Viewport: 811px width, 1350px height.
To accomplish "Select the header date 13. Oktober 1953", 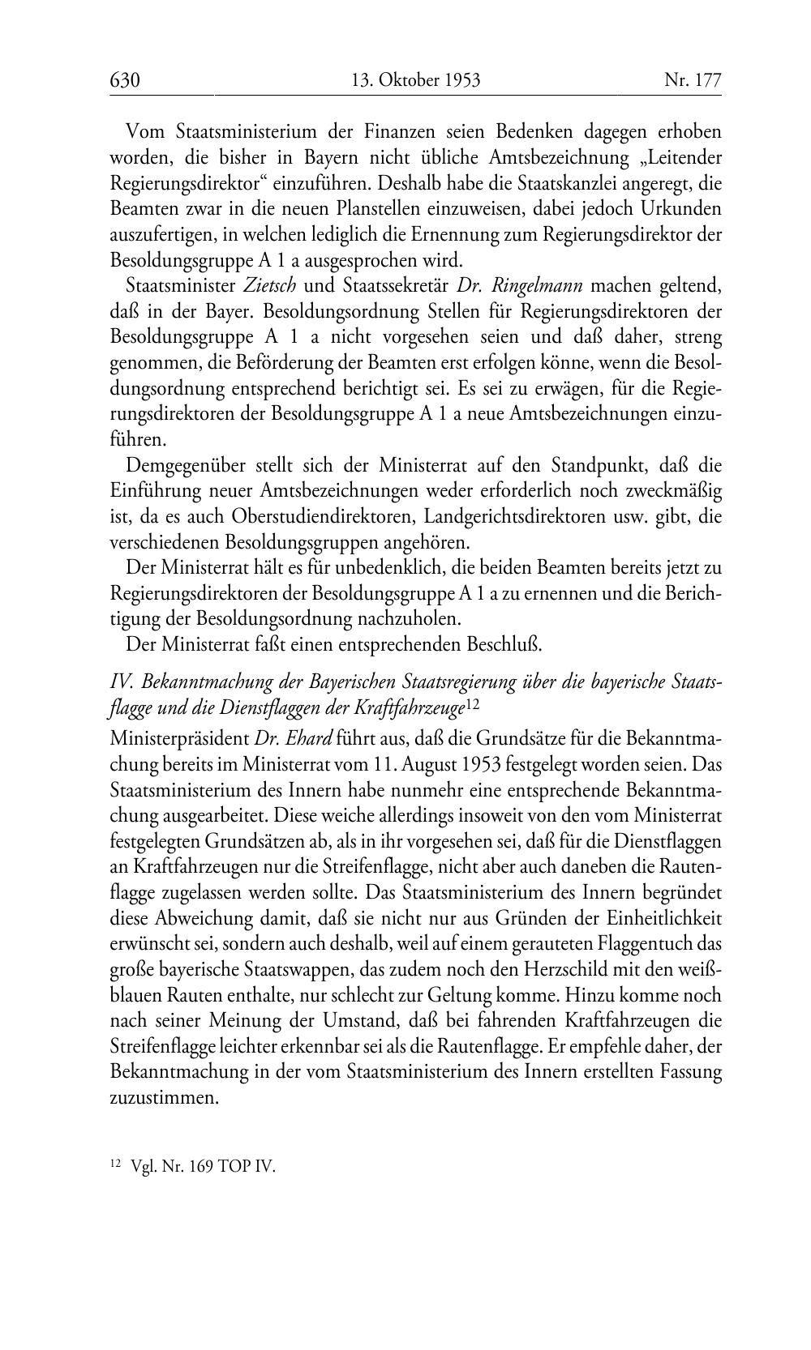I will click(x=415, y=80).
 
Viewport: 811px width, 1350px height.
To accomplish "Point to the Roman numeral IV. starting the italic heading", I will click(x=122, y=682).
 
